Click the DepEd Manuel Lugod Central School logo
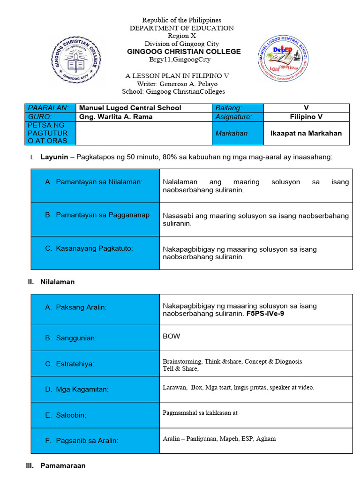tap(284, 58)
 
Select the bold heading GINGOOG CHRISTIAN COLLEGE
tap(184, 52)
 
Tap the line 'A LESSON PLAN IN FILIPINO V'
tap(177, 76)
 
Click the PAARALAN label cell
tap(49, 108)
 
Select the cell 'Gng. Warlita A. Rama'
tap(116, 117)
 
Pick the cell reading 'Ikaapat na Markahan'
tap(306, 133)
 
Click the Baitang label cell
tap(229, 108)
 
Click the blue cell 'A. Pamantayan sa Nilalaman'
tap(95, 182)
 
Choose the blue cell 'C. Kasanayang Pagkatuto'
tap(95, 248)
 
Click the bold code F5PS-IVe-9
tap(265, 314)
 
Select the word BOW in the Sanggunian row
tap(171, 336)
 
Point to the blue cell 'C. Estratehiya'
tap(95, 364)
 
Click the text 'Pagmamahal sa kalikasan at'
tap(200, 413)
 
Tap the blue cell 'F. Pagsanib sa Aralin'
tap(95, 441)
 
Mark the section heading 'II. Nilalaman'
tap(52, 282)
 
